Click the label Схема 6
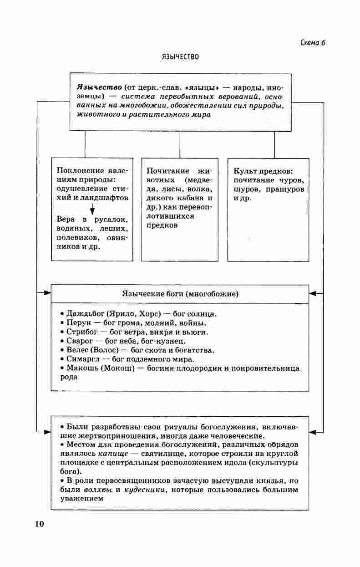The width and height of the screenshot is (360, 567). point(313,43)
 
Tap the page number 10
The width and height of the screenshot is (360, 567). point(39,524)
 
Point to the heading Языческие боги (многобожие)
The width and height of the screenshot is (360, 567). point(180,294)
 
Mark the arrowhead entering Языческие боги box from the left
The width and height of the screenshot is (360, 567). point(47,293)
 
